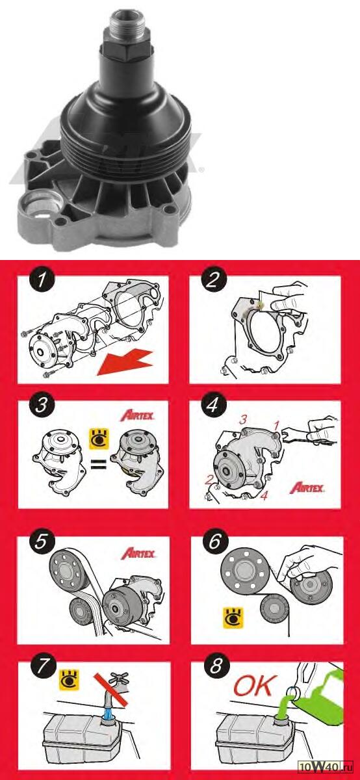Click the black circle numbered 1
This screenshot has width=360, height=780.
click(x=42, y=281)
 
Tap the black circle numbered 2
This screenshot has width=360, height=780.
click(x=213, y=281)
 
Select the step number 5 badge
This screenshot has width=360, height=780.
click(x=41, y=542)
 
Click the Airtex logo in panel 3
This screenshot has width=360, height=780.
click(x=137, y=416)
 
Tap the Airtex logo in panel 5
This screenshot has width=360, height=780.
click(x=138, y=554)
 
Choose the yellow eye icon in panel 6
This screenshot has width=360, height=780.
click(x=233, y=618)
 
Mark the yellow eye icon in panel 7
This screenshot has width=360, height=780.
click(x=70, y=680)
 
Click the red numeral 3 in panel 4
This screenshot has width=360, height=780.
click(x=242, y=420)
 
